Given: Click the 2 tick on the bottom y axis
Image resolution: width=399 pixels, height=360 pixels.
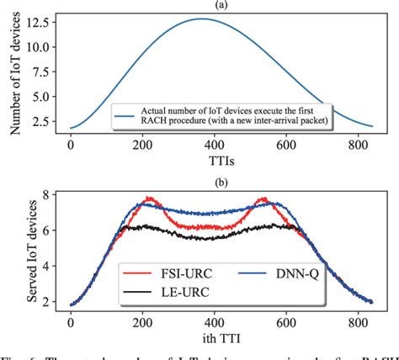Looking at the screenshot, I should [x=47, y=302].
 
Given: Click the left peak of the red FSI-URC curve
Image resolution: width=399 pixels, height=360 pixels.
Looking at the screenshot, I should [x=149, y=199].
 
